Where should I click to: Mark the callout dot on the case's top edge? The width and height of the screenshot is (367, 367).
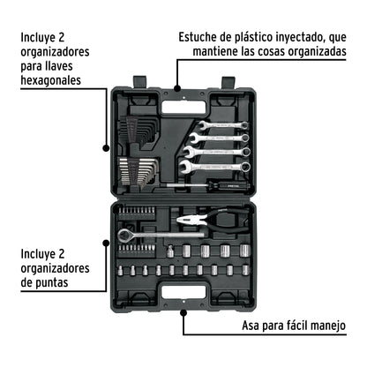tap(178, 89)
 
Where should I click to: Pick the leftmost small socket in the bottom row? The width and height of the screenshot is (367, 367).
tap(123, 271)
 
